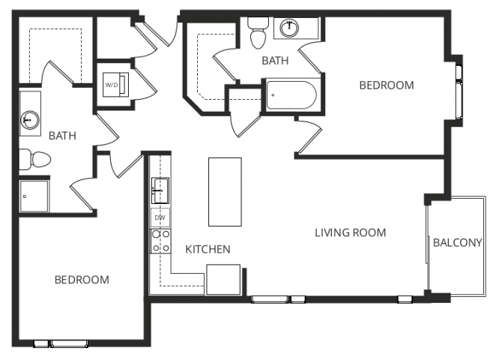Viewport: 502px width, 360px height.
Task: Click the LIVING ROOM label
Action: pyautogui.click(x=350, y=232)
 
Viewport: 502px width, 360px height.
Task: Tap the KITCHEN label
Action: pyautogui.click(x=208, y=249)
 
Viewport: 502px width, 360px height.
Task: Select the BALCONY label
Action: pyautogui.click(x=457, y=242)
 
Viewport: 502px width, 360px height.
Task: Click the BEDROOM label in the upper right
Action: pyautogui.click(x=386, y=85)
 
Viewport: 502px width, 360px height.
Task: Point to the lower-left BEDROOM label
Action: pyautogui.click(x=82, y=280)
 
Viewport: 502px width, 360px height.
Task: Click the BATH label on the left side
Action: pyautogui.click(x=62, y=136)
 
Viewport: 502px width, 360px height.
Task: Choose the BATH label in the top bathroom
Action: pyautogui.click(x=275, y=61)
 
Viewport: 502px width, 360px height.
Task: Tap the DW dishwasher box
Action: pyautogui.click(x=160, y=218)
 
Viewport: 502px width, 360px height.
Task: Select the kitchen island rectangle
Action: pyautogui.click(x=225, y=191)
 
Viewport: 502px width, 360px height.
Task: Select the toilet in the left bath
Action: pyautogui.click(x=34, y=158)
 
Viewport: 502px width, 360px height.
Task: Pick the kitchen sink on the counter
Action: pyautogui.click(x=160, y=190)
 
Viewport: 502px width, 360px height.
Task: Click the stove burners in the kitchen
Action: pyautogui.click(x=160, y=240)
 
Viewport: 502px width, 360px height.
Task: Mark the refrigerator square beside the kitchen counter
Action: pyautogui.click(x=223, y=280)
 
